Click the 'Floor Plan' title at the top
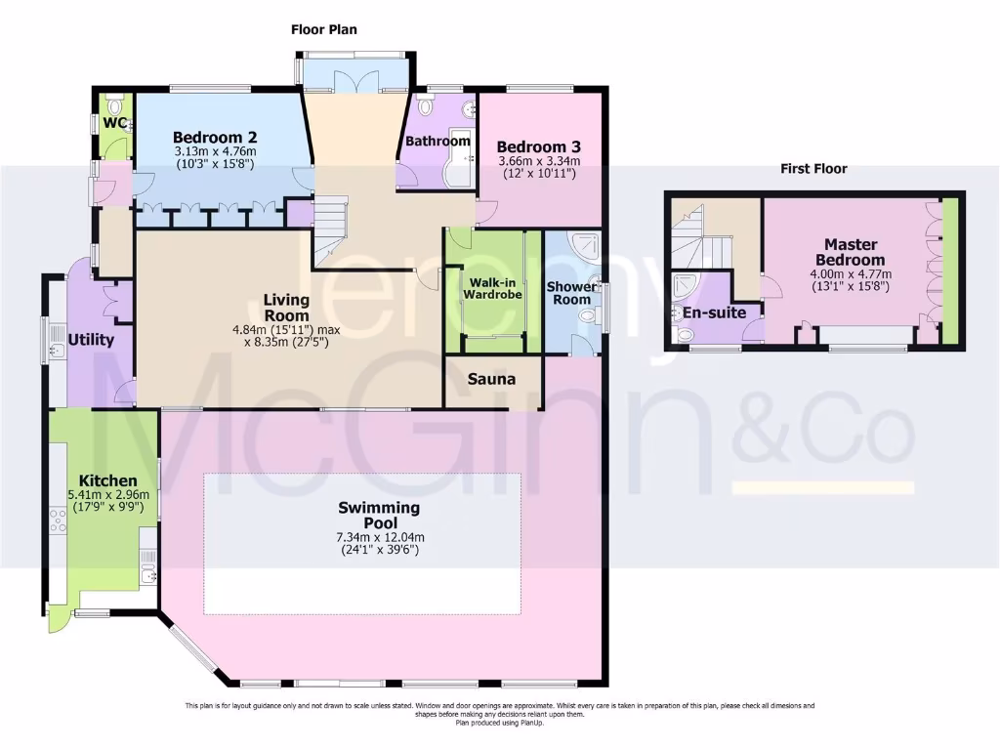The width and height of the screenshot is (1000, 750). tap(324, 29)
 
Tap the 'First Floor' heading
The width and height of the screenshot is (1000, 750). tap(813, 168)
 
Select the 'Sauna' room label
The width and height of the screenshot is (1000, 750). tap(490, 379)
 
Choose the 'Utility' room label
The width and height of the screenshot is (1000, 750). tap(91, 340)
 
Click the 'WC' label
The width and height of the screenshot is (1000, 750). tap(115, 124)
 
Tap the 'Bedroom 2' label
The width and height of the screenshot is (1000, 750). tap(215, 137)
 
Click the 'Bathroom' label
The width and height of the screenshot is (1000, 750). tap(438, 141)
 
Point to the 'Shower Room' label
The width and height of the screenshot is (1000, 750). tap(571, 293)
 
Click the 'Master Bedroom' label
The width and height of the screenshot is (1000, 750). tap(854, 252)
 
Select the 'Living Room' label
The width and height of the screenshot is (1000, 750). tap(286, 308)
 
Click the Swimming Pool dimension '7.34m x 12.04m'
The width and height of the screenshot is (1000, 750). tap(379, 537)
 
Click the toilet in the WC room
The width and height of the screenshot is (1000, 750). tap(116, 104)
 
